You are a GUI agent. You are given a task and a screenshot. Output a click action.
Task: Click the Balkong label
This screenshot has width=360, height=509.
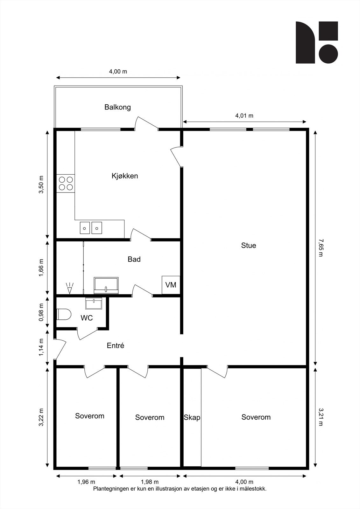[x=117, y=107]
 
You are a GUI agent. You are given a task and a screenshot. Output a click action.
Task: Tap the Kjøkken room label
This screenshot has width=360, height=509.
[x=125, y=176]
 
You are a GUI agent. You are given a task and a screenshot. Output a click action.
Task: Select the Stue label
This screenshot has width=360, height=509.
[x=248, y=246]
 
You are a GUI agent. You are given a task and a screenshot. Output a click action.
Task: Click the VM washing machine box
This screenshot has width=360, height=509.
[x=171, y=285]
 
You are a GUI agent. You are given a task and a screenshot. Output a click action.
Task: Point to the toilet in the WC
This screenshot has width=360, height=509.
[x=64, y=314]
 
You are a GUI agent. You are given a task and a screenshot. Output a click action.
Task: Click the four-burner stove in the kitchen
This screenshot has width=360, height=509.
[x=66, y=184]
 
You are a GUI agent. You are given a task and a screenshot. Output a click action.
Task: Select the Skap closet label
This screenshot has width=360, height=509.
[x=192, y=417]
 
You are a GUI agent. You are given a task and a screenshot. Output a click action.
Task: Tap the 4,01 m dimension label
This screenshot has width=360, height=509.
[x=244, y=116]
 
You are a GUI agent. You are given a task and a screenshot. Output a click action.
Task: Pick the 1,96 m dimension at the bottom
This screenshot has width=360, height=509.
[x=86, y=482]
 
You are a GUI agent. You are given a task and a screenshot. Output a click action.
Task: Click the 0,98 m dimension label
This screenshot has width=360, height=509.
[x=41, y=312]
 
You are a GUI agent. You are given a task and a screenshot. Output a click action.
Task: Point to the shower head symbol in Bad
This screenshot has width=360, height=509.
[x=69, y=288]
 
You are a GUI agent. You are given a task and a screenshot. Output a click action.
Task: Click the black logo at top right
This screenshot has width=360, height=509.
[x=316, y=42]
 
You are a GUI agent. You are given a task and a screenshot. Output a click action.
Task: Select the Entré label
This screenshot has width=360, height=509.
[x=115, y=345]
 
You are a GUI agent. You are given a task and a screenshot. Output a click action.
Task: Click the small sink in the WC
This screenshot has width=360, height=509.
[x=94, y=303]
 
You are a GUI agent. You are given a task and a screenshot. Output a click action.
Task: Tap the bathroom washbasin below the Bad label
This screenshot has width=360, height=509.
[x=106, y=285]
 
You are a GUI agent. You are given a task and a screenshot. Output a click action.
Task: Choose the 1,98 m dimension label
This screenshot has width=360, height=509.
[x=150, y=482]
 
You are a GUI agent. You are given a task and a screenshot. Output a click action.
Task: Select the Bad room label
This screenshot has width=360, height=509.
[x=134, y=259]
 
